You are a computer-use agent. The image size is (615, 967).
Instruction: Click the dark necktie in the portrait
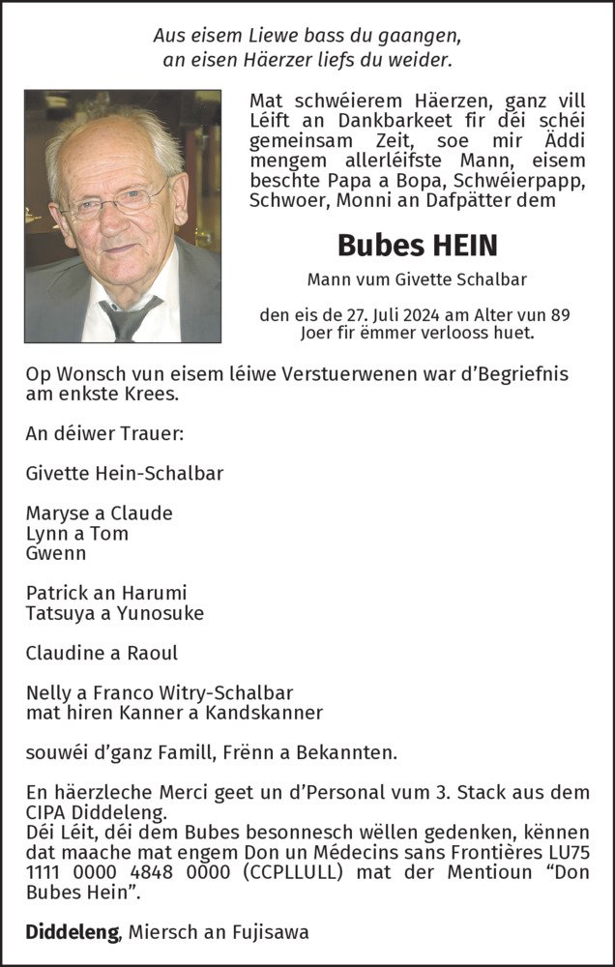pyautogui.click(x=128, y=318)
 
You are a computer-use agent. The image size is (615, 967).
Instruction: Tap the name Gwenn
pyautogui.click(x=56, y=554)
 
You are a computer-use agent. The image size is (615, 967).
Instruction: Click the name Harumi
pyautogui.click(x=154, y=592)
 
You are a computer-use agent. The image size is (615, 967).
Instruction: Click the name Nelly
pyautogui.click(x=47, y=692)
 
